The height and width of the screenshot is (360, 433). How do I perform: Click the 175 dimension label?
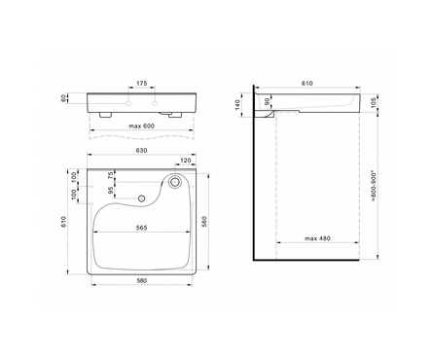coord(141,84)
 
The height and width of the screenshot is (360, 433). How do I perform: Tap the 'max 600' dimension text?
coord(141,126)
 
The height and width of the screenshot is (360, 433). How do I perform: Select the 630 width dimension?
coord(141,151)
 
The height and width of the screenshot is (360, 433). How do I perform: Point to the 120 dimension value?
coord(186,161)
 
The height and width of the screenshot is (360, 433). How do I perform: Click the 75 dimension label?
coord(111,175)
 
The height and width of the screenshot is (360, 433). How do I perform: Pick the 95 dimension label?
coord(111,190)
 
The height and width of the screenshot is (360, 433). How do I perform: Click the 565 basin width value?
coord(141,228)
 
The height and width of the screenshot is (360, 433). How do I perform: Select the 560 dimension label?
coord(204,221)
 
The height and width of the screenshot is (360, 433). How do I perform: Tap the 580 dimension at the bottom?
coord(141,280)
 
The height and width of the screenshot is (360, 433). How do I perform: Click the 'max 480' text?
coord(317,238)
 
